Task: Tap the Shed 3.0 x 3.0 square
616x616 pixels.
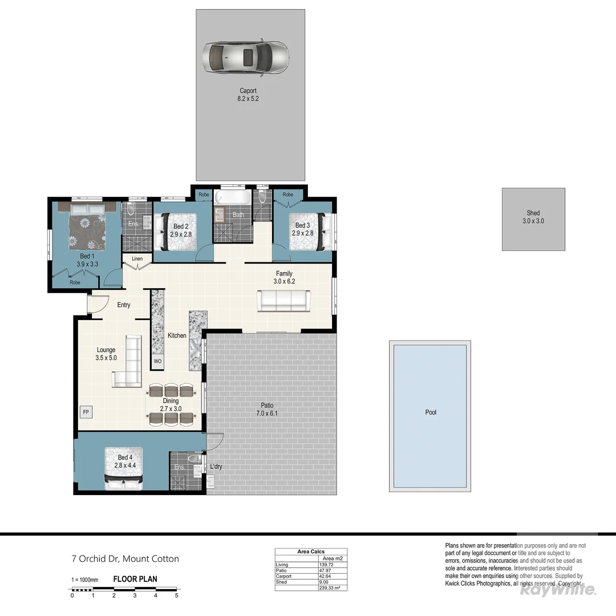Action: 533,219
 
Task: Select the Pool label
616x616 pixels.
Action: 431,412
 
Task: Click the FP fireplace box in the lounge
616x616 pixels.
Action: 86,411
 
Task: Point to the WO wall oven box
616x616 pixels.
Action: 157,362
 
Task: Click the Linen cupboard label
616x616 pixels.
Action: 137,259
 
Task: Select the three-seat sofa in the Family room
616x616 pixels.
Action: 283,300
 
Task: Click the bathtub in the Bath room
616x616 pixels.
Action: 233,197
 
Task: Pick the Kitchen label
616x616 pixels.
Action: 177,335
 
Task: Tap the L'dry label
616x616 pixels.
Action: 216,467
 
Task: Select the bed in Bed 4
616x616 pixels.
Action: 124,468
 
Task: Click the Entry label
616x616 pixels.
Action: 124,305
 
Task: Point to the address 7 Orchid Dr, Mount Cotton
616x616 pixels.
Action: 125,559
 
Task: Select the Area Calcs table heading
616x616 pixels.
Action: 311,552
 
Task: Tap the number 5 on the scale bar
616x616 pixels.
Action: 177,595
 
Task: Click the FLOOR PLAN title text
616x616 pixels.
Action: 135,579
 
